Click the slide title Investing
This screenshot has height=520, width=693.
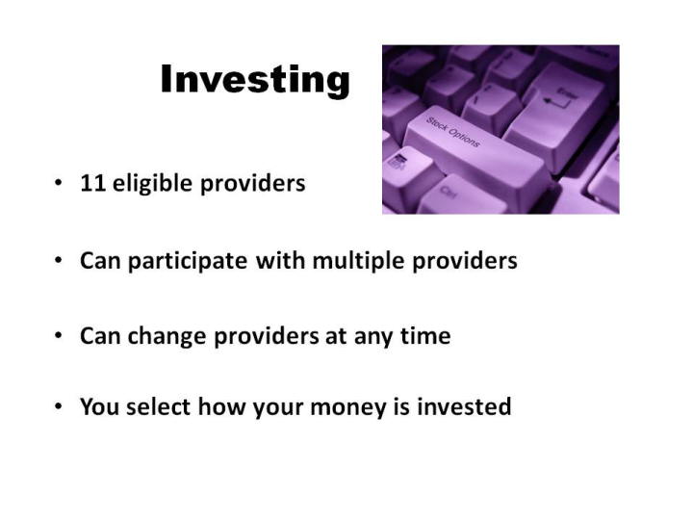coord(255,80)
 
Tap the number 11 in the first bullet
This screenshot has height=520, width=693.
coord(93,183)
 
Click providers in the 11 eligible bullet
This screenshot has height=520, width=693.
coord(253,183)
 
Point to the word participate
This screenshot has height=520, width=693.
coord(188,260)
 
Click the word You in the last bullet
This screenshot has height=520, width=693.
coord(99,406)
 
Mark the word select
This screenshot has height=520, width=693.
coord(158,406)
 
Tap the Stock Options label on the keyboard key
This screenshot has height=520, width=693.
coord(452,132)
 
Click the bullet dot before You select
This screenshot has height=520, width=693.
coord(59,406)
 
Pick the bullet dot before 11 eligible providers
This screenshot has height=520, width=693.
coord(59,182)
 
